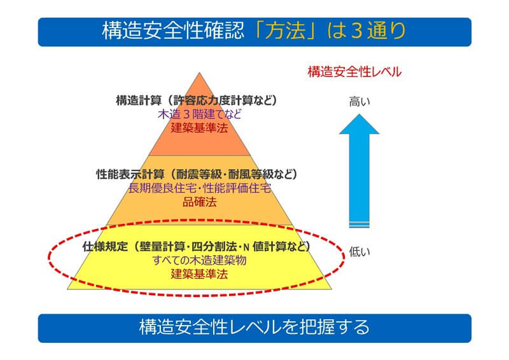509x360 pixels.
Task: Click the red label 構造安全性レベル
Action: pyautogui.click(x=354, y=72)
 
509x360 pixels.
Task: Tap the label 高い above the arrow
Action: pyautogui.click(x=359, y=100)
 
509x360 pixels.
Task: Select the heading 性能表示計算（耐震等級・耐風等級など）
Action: pyautogui.click(x=197, y=174)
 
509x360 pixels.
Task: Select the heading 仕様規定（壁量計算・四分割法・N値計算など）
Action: pyautogui.click(x=197, y=246)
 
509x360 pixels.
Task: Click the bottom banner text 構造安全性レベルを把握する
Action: pyautogui.click(x=254, y=328)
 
